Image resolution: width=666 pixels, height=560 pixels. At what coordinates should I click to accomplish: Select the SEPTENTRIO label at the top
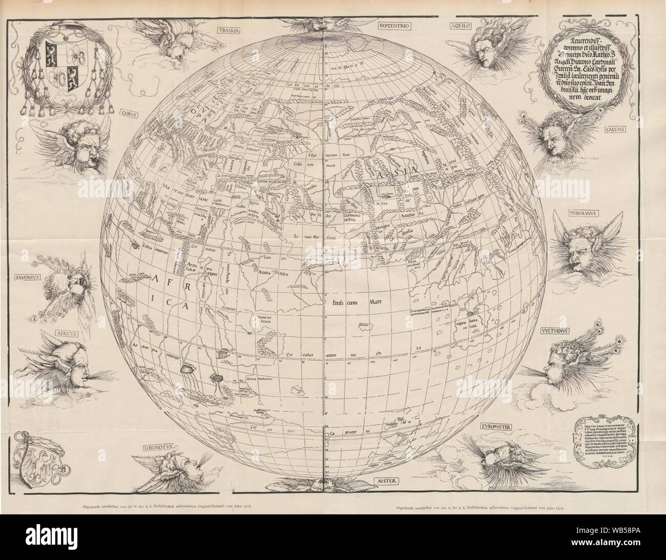click(393, 24)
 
